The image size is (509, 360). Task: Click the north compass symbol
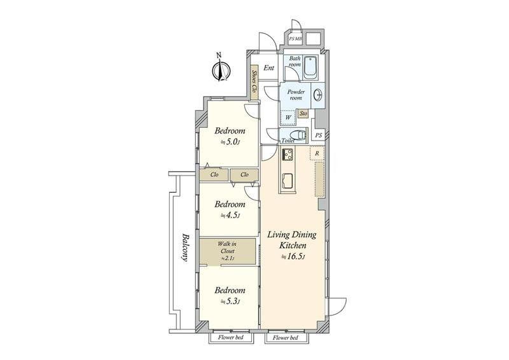[221, 70]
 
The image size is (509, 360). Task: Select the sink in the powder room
[318, 95]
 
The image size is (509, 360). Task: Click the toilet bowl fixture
[298, 135]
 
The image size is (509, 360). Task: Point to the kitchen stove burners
[288, 154]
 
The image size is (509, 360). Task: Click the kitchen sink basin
[288, 181]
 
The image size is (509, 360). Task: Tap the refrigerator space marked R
[317, 153]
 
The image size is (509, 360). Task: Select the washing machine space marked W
[288, 118]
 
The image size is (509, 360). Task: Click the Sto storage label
[303, 114]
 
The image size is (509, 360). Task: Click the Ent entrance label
[268, 68]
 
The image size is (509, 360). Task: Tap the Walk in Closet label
[227, 251]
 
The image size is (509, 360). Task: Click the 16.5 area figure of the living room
[294, 257]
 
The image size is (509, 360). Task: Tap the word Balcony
[185, 247]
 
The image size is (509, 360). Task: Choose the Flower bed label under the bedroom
[231, 338]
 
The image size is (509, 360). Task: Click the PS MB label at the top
[296, 39]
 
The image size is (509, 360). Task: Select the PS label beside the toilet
[319, 135]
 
